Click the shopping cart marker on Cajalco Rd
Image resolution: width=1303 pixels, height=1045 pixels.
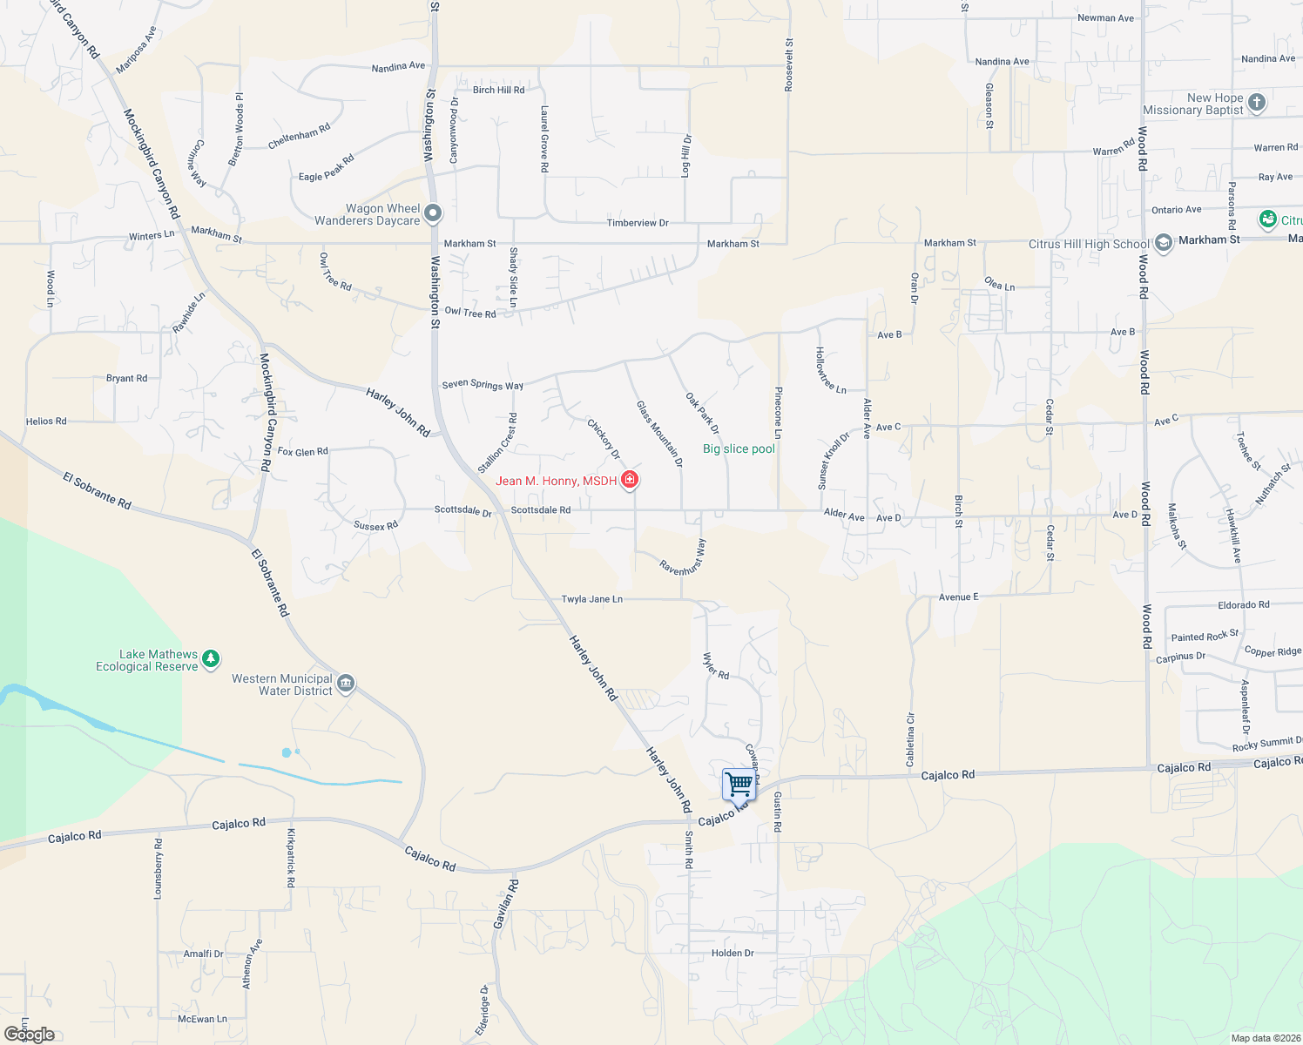point(739,784)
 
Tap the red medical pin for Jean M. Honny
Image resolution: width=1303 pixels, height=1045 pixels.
point(630,480)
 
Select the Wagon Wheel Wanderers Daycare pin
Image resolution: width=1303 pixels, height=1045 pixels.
point(432,213)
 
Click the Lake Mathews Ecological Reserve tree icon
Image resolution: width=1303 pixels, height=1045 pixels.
point(211,660)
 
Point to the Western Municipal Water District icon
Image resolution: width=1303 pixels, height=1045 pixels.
point(345,684)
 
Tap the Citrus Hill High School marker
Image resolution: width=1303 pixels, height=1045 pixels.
point(1164,244)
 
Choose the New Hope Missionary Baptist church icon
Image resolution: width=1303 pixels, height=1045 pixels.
point(1256,103)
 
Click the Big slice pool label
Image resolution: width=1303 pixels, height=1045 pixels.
point(739,449)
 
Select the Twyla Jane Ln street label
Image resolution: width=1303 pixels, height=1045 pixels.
point(591,599)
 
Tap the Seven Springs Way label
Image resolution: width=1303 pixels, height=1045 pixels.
point(483,384)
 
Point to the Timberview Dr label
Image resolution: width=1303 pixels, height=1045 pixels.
point(638,223)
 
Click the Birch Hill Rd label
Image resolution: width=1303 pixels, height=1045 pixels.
point(498,90)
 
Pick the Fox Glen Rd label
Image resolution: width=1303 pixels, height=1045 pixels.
point(302,451)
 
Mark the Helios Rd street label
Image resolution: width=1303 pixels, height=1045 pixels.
point(46,421)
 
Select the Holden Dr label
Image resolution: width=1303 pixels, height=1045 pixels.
point(733,953)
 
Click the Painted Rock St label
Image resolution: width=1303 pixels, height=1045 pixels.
point(1205,637)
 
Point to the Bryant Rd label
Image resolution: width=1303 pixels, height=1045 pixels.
point(126,378)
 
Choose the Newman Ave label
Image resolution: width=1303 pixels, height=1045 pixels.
point(1105,17)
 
